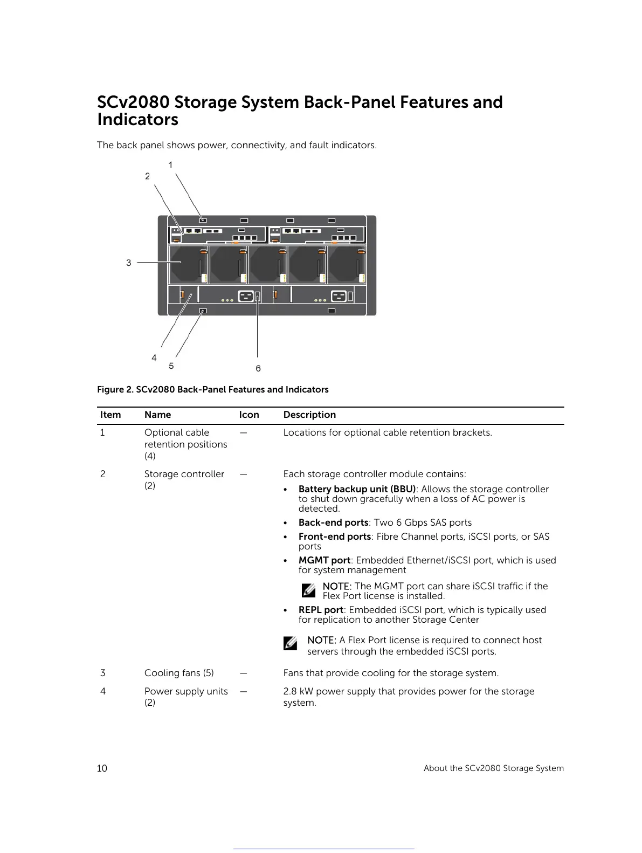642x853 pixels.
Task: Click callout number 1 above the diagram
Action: [170, 164]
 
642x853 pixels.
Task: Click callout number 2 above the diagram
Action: [147, 176]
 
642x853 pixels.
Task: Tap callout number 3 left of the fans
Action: [128, 263]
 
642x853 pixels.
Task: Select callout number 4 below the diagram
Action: [154, 358]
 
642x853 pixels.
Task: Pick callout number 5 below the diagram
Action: [171, 366]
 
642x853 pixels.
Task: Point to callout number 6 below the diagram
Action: [258, 368]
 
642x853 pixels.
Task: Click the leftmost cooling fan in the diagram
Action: [188, 265]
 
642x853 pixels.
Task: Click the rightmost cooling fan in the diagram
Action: [346, 265]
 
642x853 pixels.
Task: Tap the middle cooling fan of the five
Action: [267, 265]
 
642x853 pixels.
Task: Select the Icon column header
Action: [249, 415]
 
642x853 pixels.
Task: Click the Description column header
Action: [309, 415]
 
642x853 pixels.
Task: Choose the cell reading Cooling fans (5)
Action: [179, 673]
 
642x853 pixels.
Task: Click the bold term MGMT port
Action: [324, 560]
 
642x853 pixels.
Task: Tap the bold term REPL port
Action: [321, 610]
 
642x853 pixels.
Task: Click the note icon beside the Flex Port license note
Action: [290, 643]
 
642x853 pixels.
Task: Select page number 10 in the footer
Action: [102, 768]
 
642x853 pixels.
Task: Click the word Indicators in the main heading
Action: [137, 120]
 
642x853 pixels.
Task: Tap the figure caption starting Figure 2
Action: [212, 389]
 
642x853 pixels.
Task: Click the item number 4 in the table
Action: [103, 691]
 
